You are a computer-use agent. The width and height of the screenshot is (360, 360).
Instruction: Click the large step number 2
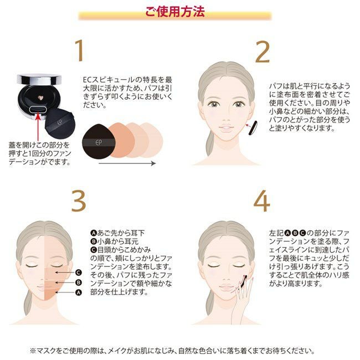tap(262, 51)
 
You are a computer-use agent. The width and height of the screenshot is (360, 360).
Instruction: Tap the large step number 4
tap(262, 203)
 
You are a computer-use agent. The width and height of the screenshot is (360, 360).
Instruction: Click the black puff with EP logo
tap(95, 142)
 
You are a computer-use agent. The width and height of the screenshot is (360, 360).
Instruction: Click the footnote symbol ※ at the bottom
tap(33, 351)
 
